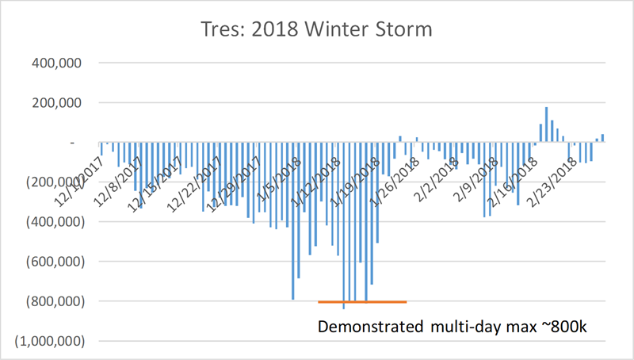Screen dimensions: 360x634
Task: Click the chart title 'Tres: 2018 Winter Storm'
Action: [x=316, y=29]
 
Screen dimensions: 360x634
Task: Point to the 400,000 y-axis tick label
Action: [x=50, y=63]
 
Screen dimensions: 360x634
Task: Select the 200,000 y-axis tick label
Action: [x=50, y=102]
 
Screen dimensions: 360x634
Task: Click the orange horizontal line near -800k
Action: [x=362, y=302]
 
